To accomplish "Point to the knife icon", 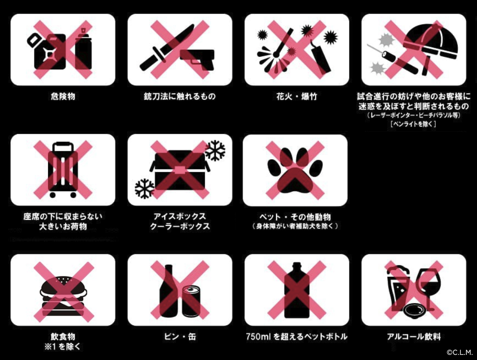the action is [167, 47].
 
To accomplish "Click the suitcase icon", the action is [63, 170].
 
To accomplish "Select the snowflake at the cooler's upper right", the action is [215, 150].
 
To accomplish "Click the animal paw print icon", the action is [295, 170].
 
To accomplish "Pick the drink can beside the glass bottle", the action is [191, 301].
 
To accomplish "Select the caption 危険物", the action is [63, 96].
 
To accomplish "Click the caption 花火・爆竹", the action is [296, 96].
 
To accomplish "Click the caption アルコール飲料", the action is [414, 337].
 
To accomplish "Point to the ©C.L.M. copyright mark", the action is [459, 353].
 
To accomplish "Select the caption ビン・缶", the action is [180, 337].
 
